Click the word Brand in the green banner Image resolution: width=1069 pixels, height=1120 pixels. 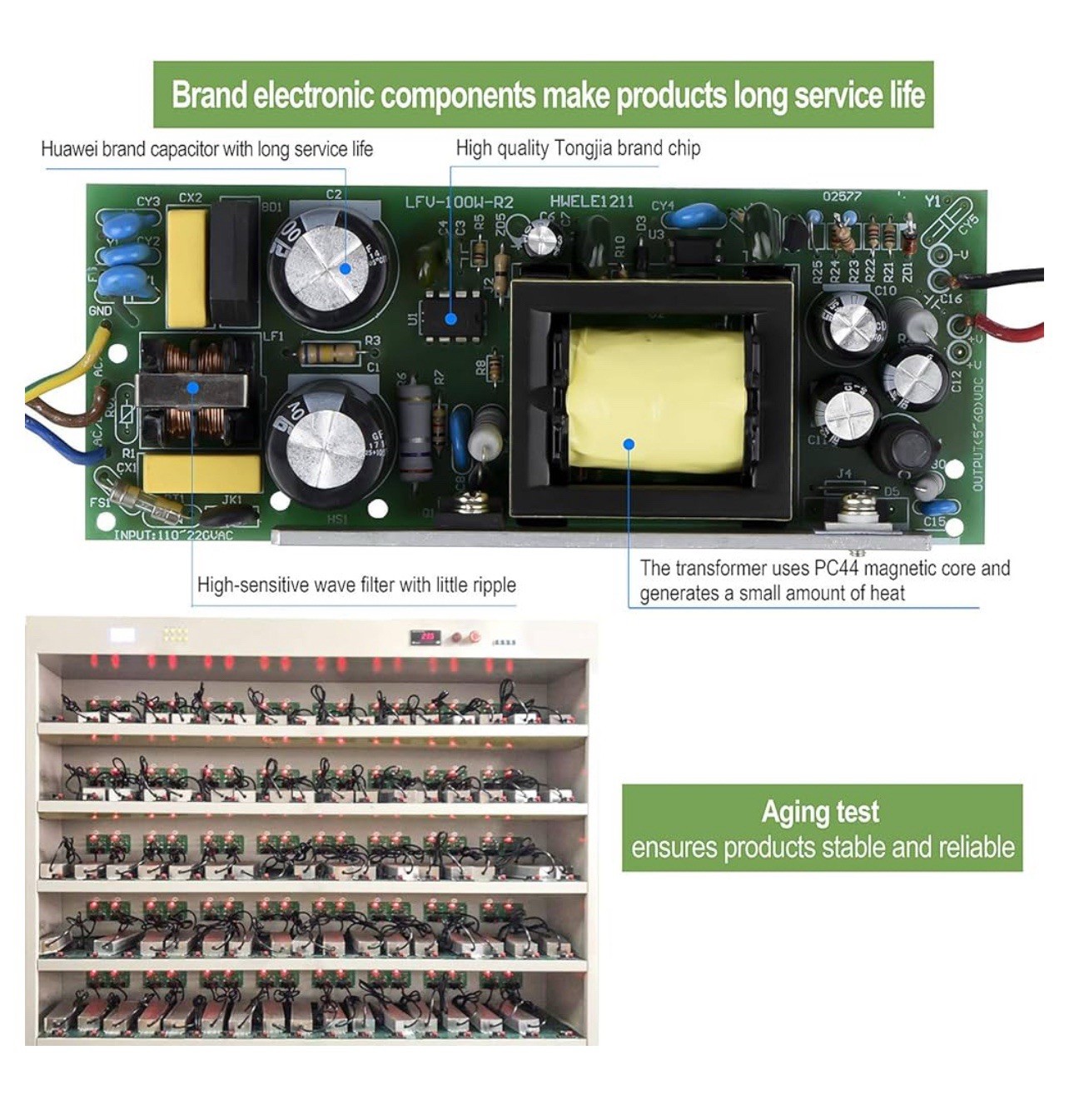[x=208, y=95]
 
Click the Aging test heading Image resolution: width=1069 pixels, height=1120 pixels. [x=820, y=812]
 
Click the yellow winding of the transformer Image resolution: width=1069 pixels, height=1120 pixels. [x=654, y=400]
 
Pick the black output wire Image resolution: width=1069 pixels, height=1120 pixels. [x=1007, y=277]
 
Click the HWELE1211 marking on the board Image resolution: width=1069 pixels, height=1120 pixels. [x=591, y=202]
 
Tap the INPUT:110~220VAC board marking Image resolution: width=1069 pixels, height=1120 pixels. [x=173, y=535]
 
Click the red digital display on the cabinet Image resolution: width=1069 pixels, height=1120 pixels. [x=427, y=637]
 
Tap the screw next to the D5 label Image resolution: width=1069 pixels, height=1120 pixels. [x=853, y=505]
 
